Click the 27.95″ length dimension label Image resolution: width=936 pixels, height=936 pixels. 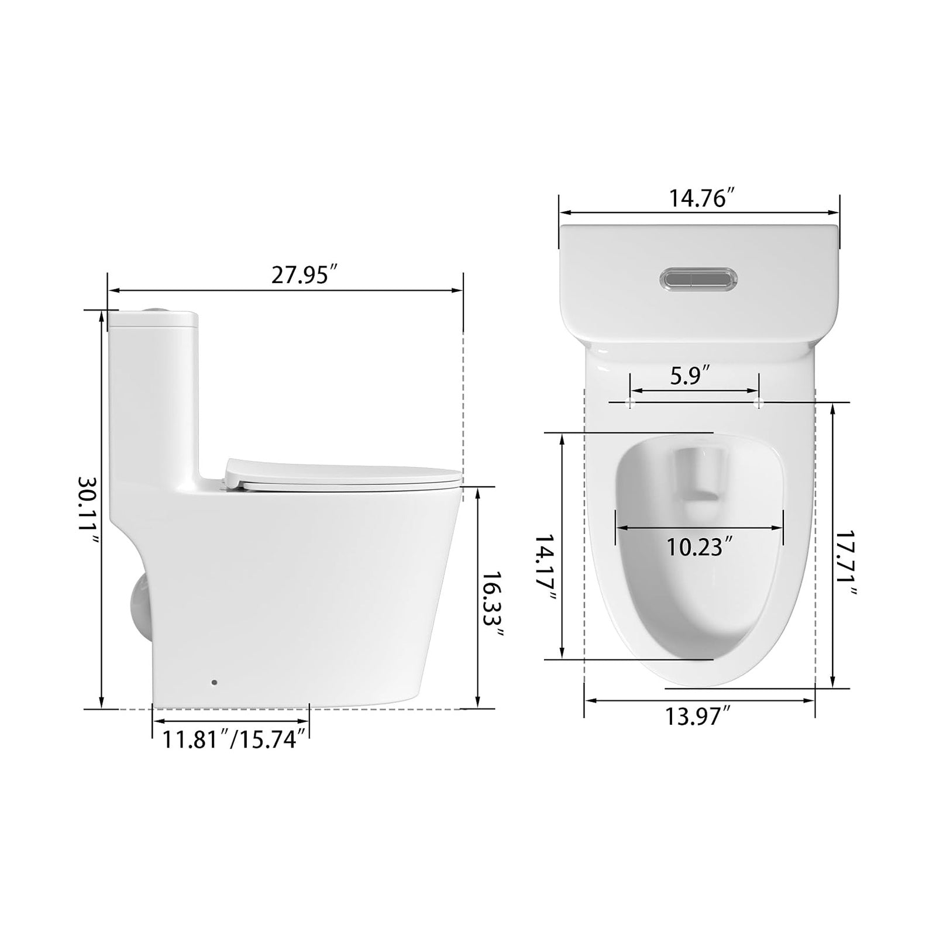click(305, 275)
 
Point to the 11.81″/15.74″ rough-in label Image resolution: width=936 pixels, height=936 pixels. click(235, 739)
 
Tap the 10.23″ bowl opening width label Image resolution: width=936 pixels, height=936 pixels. click(700, 547)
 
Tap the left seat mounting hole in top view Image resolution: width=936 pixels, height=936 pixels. click(631, 402)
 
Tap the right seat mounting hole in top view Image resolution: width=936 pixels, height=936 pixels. click(759, 402)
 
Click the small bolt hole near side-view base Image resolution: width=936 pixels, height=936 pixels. click(214, 683)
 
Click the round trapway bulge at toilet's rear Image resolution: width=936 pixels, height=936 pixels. click(138, 605)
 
